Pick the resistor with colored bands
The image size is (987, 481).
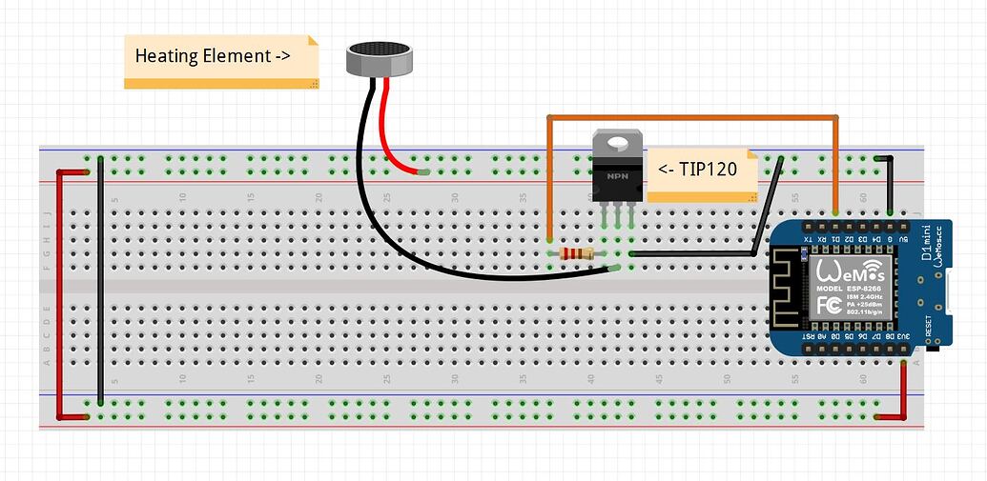pos(576,253)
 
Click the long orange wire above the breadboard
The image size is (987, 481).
pos(691,118)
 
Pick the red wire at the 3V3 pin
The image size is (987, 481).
pos(903,391)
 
